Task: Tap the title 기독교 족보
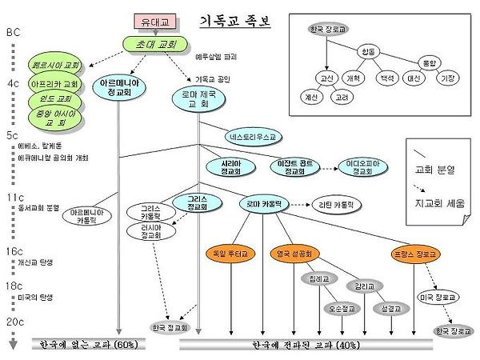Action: pyautogui.click(x=233, y=21)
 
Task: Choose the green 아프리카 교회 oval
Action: pyautogui.click(x=54, y=83)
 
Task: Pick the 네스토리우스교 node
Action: pyautogui.click(x=250, y=137)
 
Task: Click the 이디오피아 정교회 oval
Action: pyautogui.click(x=363, y=166)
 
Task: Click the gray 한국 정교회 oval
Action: pyautogui.click(x=169, y=326)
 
